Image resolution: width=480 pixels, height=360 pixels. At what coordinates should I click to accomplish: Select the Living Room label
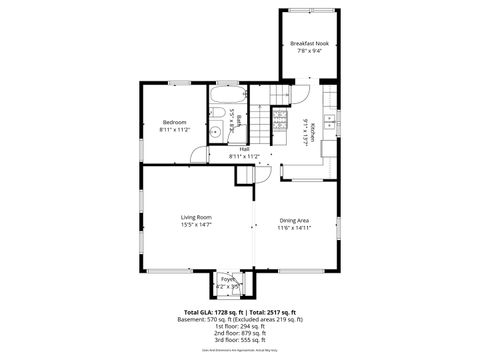[x=195, y=217]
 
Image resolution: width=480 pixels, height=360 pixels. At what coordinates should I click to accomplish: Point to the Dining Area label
[x=294, y=219]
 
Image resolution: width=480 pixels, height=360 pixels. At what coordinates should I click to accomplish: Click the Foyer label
[x=228, y=279]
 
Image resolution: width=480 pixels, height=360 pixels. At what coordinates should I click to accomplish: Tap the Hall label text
[x=244, y=149]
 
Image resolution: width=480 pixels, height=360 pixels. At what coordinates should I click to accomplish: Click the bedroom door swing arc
[x=201, y=155]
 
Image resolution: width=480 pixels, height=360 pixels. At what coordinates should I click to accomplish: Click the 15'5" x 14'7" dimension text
[x=195, y=225]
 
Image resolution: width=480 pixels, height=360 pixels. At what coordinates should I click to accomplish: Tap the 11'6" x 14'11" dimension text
[x=294, y=227]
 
